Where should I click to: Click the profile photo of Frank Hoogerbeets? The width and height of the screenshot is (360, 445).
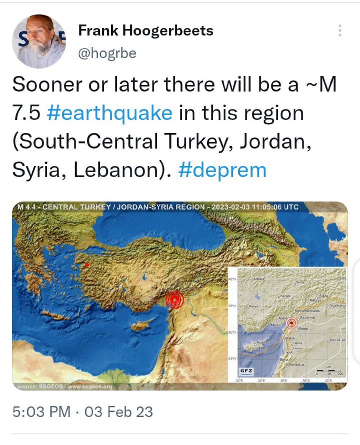point(39,41)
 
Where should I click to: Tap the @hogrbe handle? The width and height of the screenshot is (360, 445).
point(107,54)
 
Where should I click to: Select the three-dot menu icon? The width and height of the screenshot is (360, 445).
point(339,31)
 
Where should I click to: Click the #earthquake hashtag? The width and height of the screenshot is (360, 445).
point(110,113)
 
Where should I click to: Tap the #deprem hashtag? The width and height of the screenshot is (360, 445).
point(222,170)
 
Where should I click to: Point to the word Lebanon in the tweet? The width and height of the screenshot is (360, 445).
point(121,170)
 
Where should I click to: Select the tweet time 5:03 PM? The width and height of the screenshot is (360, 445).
point(41,412)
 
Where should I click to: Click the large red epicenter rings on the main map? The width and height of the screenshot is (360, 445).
point(174,300)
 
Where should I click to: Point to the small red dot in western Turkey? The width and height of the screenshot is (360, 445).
point(87,265)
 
